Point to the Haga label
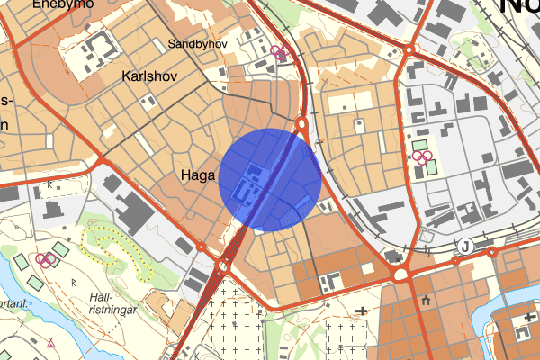[196, 175]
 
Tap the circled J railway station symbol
[465, 245]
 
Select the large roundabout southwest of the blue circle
[222, 266]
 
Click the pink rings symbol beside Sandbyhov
[281, 52]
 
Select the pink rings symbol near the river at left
[47, 259]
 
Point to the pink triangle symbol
[51, 343]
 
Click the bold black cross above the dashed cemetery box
[362, 311]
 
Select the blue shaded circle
[270, 177]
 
